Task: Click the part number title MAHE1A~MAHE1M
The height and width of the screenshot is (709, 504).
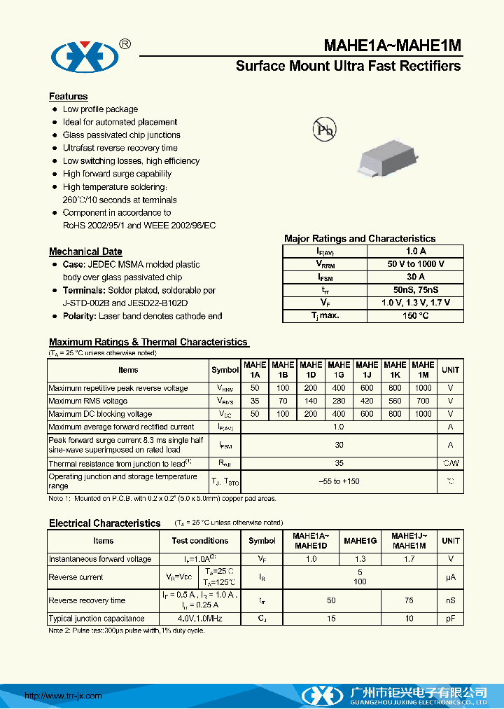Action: (x=392, y=46)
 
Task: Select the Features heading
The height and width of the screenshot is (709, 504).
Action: (x=68, y=96)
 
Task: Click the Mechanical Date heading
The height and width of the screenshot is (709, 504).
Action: (x=85, y=252)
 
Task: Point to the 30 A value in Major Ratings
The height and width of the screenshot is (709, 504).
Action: (x=415, y=277)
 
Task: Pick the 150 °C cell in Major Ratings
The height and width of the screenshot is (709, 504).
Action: (x=415, y=316)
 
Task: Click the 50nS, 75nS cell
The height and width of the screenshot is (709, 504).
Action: (x=415, y=290)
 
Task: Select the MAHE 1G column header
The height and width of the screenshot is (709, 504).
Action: (x=339, y=369)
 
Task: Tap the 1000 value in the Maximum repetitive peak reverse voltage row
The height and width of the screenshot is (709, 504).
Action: (x=423, y=388)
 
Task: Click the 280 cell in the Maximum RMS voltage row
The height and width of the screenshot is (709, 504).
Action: (x=339, y=401)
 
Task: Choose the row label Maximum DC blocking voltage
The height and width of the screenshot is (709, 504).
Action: (x=100, y=414)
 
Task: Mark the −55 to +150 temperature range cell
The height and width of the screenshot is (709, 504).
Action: (x=339, y=481)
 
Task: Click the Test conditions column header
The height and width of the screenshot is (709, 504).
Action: (x=200, y=541)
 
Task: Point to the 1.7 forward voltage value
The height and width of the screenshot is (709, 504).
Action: (x=409, y=559)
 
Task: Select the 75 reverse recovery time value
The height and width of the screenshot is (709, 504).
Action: (x=409, y=600)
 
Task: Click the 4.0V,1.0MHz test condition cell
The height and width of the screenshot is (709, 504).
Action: (x=200, y=619)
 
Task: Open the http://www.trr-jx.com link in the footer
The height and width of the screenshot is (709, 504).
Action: (x=63, y=696)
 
